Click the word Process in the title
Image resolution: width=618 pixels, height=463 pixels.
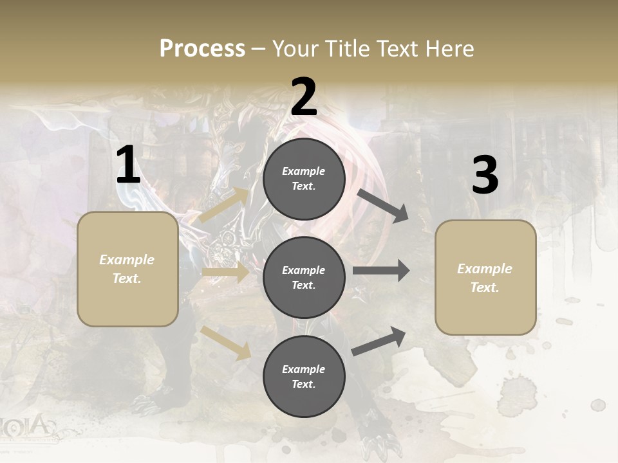[x=202, y=49]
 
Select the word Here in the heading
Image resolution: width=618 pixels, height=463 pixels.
[x=449, y=49]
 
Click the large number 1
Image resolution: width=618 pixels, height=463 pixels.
[x=128, y=166]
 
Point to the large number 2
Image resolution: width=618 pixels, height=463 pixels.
[x=304, y=97]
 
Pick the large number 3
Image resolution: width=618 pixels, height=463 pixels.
[x=485, y=175]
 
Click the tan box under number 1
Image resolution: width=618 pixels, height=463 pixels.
[x=127, y=269]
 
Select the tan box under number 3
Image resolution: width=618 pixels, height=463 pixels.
[x=485, y=278]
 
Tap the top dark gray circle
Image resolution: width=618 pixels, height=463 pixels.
[x=304, y=179]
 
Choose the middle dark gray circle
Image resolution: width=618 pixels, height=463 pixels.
[x=304, y=278]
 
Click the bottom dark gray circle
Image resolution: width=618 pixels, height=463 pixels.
[x=304, y=377]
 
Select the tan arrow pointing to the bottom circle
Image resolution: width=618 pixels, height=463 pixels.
[x=226, y=342]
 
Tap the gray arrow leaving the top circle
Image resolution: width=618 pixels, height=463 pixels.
[x=383, y=205]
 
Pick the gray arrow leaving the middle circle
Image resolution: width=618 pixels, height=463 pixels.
[x=381, y=271]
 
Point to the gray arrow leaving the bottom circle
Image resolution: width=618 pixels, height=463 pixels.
[x=379, y=341]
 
